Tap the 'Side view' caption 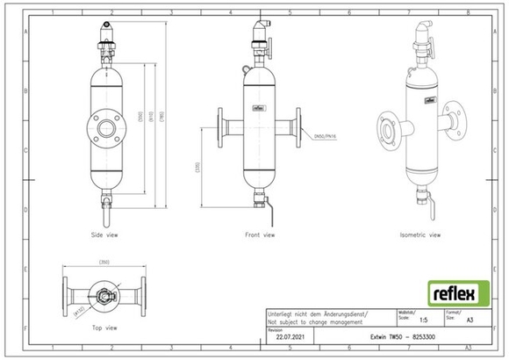(x=105, y=235)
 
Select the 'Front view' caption (x=260, y=235)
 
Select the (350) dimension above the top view (x=104, y=263)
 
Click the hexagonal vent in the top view (x=104, y=292)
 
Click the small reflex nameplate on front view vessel (x=260, y=110)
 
